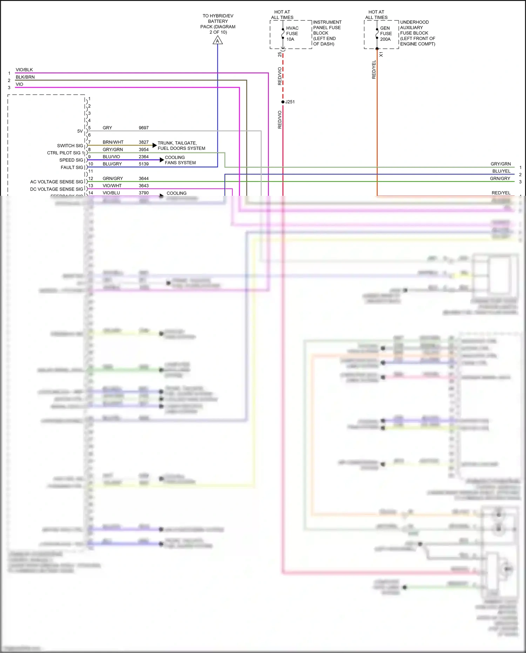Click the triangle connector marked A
pyautogui.click(x=217, y=41)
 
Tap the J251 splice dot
pyautogui.click(x=283, y=102)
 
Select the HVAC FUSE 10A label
pyautogui.click(x=292, y=34)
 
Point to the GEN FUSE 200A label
pyautogui.click(x=386, y=34)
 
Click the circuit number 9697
pyautogui.click(x=143, y=128)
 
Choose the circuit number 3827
pyautogui.click(x=143, y=142)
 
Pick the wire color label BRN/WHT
pyautogui.click(x=113, y=142)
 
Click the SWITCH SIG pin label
pyautogui.click(x=70, y=146)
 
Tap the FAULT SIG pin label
pyautogui.click(x=72, y=167)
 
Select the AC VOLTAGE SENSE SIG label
pyautogui.click(x=56, y=182)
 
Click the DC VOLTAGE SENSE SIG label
pyautogui.click(x=56, y=189)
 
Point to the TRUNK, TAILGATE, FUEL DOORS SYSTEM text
pyautogui.click(x=181, y=146)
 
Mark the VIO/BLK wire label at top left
pyautogui.click(x=24, y=70)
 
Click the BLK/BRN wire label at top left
pyautogui.click(x=25, y=77)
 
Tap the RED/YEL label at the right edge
pyautogui.click(x=501, y=193)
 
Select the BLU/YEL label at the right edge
pyautogui.click(x=501, y=171)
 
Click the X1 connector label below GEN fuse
pyautogui.click(x=381, y=54)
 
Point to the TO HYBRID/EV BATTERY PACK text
pyautogui.click(x=218, y=24)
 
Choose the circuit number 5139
pyautogui.click(x=143, y=164)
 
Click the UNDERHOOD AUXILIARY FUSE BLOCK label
pyautogui.click(x=417, y=33)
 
